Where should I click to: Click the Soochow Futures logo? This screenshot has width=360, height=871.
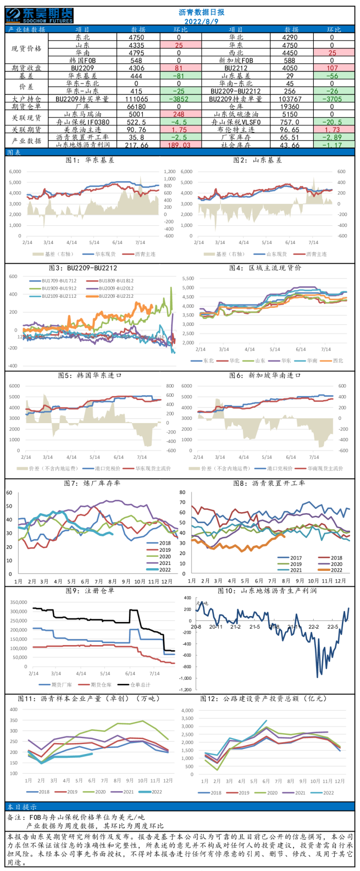click(39, 15)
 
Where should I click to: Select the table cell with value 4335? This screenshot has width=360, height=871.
click(137, 45)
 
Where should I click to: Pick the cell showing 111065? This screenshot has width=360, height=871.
click(137, 99)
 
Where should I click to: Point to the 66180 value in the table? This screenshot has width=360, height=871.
click(137, 107)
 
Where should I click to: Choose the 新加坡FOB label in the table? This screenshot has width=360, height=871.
click(236, 60)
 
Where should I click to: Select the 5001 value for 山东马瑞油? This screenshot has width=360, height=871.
click(137, 114)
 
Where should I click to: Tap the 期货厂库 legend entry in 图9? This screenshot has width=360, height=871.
click(56, 685)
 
